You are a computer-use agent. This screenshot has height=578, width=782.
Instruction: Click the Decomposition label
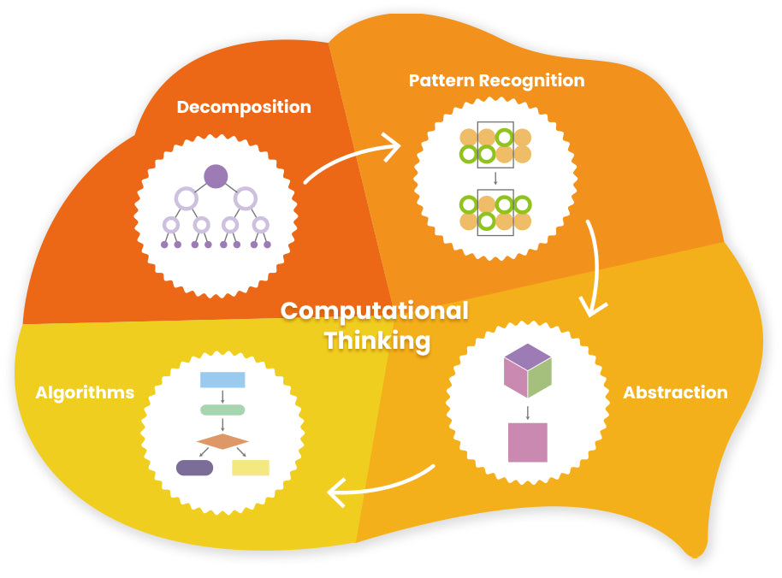pyautogui.click(x=244, y=108)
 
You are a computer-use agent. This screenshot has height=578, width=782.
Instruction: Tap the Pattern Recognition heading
pyautogui.click(x=496, y=81)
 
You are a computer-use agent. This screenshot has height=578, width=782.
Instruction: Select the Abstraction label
pyautogui.click(x=675, y=393)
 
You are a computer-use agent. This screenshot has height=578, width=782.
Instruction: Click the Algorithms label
pyautogui.click(x=85, y=393)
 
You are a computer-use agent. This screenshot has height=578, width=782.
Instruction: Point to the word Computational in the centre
pyautogui.click(x=375, y=310)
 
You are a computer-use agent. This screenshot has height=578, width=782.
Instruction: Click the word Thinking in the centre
pyautogui.click(x=376, y=341)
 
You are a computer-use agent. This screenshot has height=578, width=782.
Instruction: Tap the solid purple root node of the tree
pyautogui.click(x=216, y=177)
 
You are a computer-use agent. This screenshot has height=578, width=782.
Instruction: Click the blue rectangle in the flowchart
pyautogui.click(x=222, y=380)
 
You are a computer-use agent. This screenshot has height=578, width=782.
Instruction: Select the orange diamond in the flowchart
pyautogui.click(x=222, y=441)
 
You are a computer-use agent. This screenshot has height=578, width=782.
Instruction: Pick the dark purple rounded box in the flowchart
pyautogui.click(x=194, y=468)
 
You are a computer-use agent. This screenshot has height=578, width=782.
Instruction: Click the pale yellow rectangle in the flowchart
pyautogui.click(x=251, y=468)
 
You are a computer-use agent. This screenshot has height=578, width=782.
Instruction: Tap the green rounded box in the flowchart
pyautogui.click(x=222, y=410)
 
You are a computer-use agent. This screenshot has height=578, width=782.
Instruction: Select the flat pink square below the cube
pyautogui.click(x=527, y=442)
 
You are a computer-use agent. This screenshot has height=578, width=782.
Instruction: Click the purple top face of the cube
pyautogui.click(x=528, y=355)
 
